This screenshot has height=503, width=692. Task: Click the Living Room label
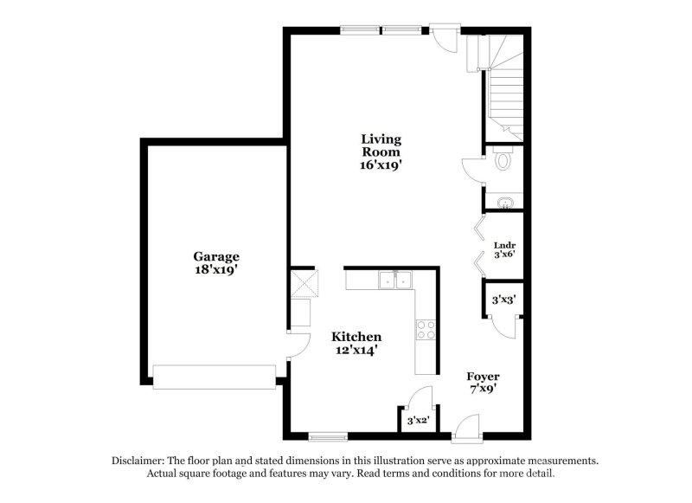click(x=381, y=145)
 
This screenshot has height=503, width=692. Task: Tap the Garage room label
click(x=215, y=256)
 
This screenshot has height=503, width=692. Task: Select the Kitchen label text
click(x=357, y=336)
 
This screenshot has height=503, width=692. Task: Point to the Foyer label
click(x=484, y=377)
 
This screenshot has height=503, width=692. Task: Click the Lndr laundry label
click(x=504, y=245)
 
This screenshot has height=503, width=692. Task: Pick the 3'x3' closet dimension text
click(x=503, y=300)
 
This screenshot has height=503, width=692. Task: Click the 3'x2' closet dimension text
click(x=418, y=421)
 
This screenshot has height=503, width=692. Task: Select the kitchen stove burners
click(x=426, y=329)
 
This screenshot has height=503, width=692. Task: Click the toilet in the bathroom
click(x=503, y=160)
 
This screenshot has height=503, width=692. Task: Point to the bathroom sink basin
click(x=504, y=202)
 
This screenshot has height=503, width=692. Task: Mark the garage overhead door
click(x=214, y=375)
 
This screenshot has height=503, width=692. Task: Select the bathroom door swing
click(x=472, y=169)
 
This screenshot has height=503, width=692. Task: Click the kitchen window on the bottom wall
click(x=328, y=435)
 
